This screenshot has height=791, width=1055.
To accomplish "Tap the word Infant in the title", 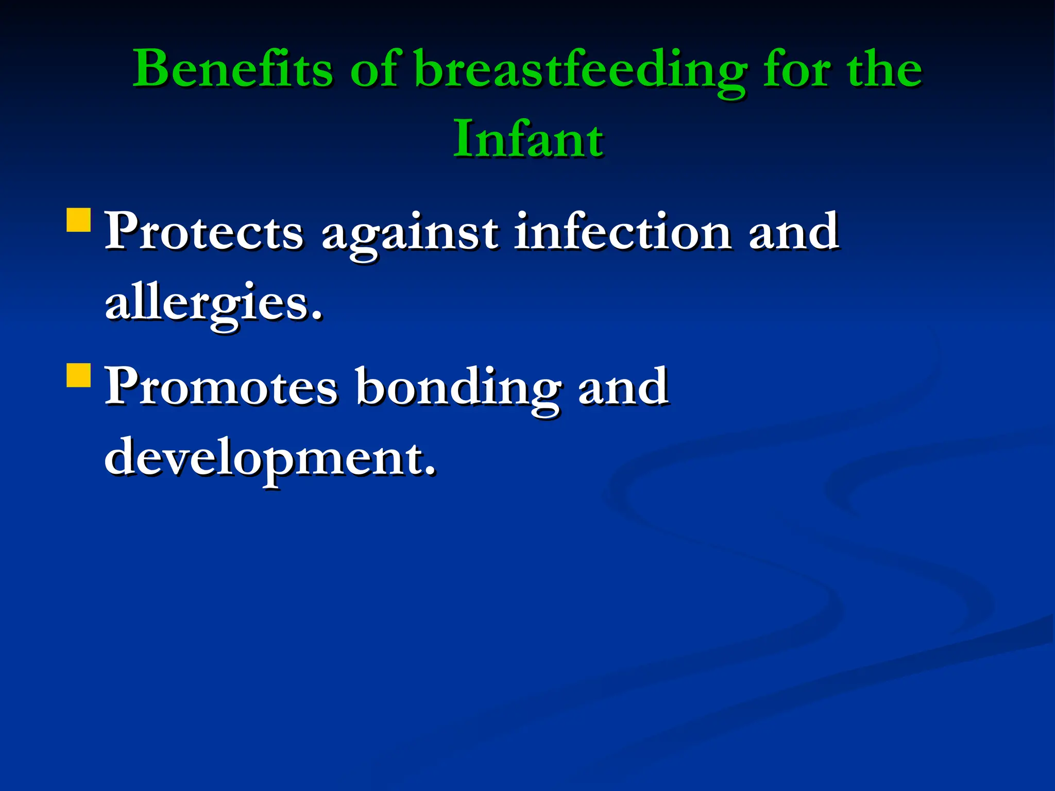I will (x=528, y=139).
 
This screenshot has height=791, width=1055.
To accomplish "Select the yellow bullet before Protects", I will (x=79, y=220).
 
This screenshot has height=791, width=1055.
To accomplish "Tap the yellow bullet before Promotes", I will (x=79, y=375).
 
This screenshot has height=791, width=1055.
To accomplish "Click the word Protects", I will (x=204, y=232).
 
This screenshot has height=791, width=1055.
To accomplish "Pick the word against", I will (x=410, y=234).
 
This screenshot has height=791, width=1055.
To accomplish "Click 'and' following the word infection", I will (x=793, y=232).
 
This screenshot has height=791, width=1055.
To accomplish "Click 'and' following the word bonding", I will (x=623, y=387).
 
